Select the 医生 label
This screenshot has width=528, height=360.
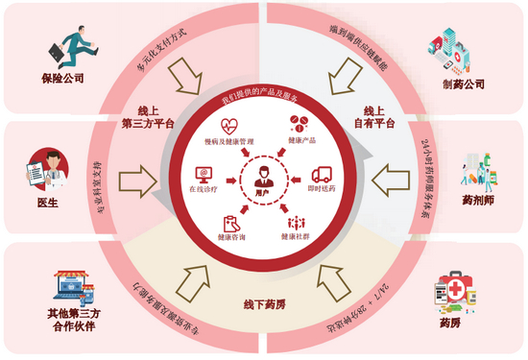[48, 204]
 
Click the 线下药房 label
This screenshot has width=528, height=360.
[261, 304]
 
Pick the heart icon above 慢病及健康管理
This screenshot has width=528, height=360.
[228, 125]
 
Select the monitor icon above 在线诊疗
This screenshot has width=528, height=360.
[204, 174]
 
